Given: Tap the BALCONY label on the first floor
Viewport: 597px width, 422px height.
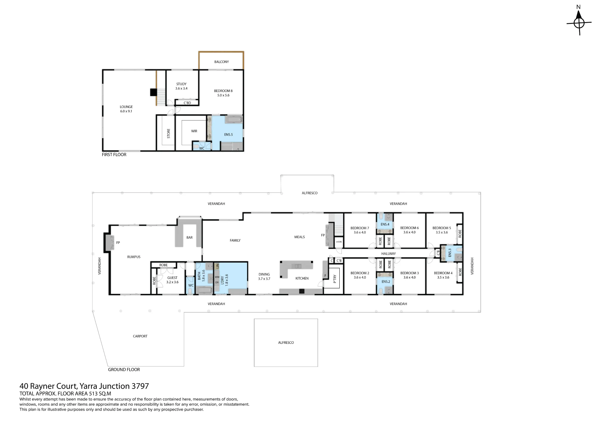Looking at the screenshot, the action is [221, 62].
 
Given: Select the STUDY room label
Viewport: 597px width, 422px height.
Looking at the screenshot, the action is [181, 84].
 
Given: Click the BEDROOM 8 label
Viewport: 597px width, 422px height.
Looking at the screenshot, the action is [223, 91].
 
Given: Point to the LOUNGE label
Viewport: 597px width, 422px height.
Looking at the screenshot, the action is [126, 107].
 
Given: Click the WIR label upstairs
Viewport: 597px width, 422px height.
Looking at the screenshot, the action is [194, 131].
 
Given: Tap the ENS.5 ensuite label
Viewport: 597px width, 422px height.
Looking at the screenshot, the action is [228, 135].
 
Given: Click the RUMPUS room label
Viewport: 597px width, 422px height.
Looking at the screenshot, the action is [134, 257].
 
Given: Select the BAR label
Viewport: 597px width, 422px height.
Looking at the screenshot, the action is [190, 238].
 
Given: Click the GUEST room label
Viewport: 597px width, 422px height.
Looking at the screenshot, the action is [172, 278].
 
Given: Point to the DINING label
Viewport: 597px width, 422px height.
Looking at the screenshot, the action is [264, 274].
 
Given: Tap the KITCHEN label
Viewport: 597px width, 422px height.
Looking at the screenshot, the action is [302, 278].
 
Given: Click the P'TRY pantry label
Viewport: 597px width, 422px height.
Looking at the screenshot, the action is [335, 279].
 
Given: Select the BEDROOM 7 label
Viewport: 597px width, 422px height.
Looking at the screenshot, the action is [360, 228].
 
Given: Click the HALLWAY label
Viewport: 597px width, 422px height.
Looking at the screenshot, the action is [388, 254].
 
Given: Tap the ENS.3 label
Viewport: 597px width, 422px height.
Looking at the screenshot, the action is [450, 253].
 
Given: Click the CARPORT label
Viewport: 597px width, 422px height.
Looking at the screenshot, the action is [140, 336].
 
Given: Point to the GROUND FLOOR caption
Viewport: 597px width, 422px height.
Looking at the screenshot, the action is [124, 369].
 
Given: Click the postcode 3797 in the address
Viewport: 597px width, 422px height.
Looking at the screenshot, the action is [140, 386].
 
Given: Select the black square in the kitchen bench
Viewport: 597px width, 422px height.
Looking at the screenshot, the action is [302, 291].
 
